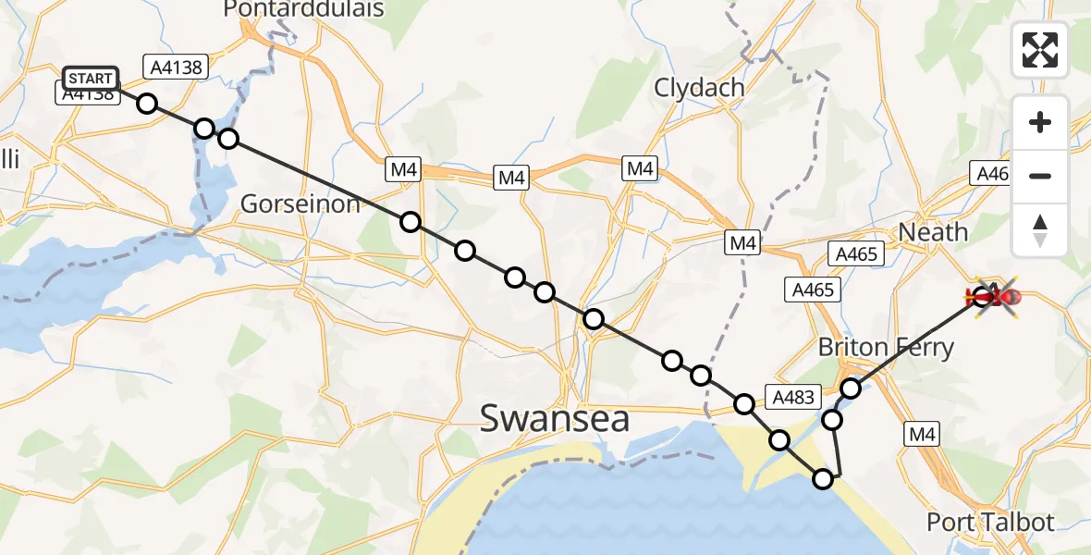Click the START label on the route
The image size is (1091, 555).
click(91, 79)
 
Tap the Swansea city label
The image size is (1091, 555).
click(555, 418)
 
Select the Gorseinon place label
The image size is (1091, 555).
click(300, 203)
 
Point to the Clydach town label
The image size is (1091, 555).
click(699, 88)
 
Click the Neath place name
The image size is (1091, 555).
click(933, 231)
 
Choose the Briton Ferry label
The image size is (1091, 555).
click(886, 348)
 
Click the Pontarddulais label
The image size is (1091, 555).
click(304, 9)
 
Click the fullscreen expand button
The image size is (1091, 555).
click(1040, 50)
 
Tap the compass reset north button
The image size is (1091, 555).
click(1040, 230)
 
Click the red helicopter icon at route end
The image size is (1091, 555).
click(997, 296)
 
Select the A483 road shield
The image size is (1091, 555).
click(792, 397)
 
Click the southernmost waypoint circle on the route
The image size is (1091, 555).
click(823, 479)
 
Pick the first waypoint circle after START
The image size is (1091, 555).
click(147, 103)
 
